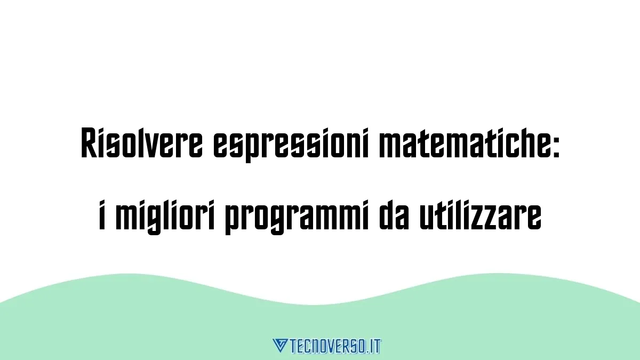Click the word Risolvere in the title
(x=142, y=143)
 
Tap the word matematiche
(x=462, y=143)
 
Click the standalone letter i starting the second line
(x=102, y=215)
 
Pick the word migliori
(x=165, y=217)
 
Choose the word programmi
(x=297, y=217)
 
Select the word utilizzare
(x=481, y=215)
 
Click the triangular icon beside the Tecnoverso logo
(x=280, y=345)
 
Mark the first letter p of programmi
(x=233, y=222)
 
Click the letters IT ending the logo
(x=375, y=346)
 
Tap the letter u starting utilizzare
(x=427, y=219)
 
